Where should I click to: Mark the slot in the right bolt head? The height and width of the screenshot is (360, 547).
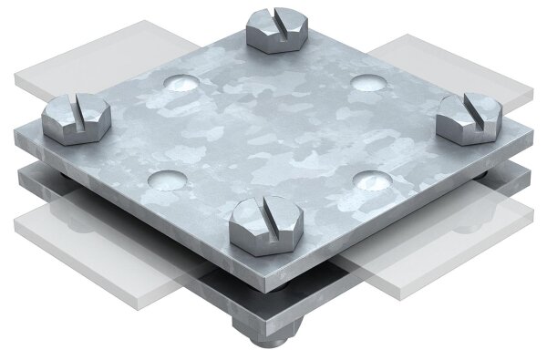point(472,108)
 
